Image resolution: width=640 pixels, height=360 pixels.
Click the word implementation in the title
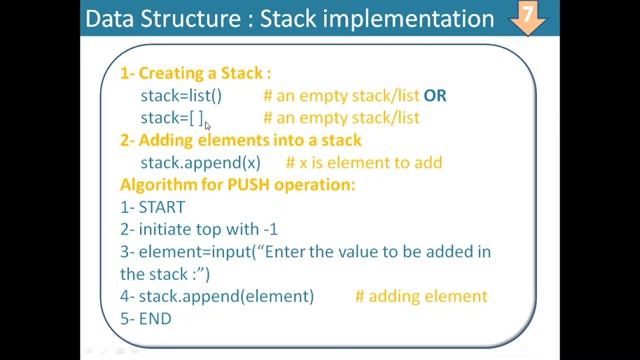pyautogui.click(x=412, y=20)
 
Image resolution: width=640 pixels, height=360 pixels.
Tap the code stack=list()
pyautogui.click(x=181, y=96)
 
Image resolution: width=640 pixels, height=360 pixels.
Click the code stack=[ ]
pyautogui.click(x=172, y=119)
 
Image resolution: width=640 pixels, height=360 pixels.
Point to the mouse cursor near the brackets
pyautogui.click(x=208, y=124)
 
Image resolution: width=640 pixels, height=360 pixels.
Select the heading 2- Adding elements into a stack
pyautogui.click(x=241, y=140)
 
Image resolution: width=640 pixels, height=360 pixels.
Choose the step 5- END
pyautogui.click(x=146, y=318)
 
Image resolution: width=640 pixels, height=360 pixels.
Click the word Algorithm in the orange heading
pyautogui.click(x=157, y=185)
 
